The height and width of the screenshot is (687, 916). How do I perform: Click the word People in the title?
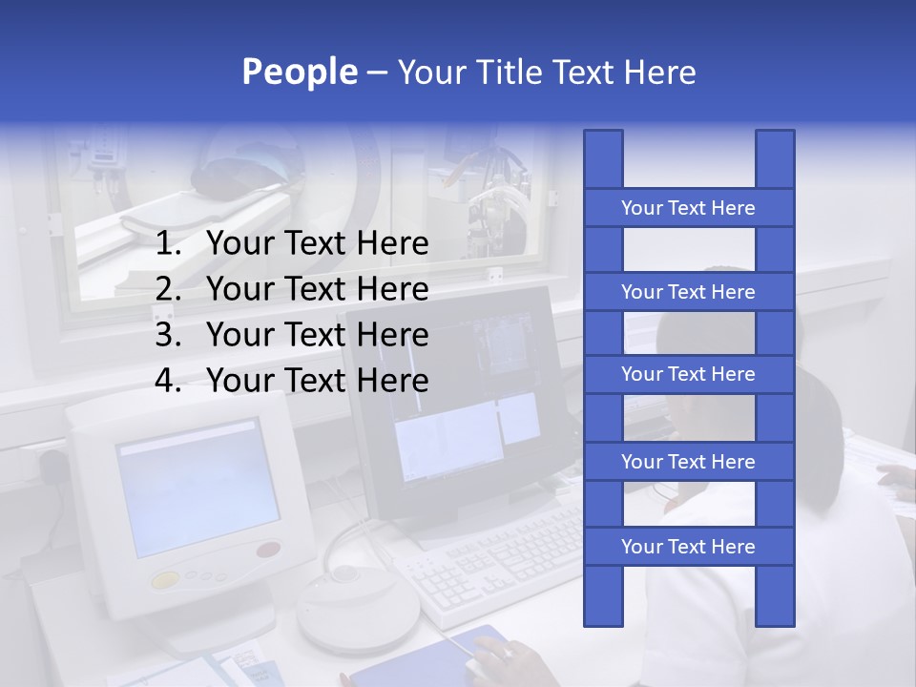(300, 72)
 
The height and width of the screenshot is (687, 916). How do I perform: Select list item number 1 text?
(317, 244)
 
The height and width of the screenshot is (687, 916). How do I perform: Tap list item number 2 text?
(317, 289)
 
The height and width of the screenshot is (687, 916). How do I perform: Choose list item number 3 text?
(317, 335)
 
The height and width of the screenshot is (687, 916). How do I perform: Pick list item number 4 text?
(317, 381)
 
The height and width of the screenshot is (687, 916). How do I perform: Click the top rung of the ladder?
(688, 208)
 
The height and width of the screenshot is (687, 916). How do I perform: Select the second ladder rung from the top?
(688, 292)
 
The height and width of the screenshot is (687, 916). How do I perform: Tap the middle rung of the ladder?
(688, 375)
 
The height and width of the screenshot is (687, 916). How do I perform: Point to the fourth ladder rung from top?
(688, 462)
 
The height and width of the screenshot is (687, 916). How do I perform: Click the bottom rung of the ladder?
(688, 547)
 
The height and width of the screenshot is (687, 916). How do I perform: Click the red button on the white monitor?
(269, 550)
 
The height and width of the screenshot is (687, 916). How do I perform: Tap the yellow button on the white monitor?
(165, 579)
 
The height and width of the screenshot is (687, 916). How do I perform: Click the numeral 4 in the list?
(167, 381)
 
